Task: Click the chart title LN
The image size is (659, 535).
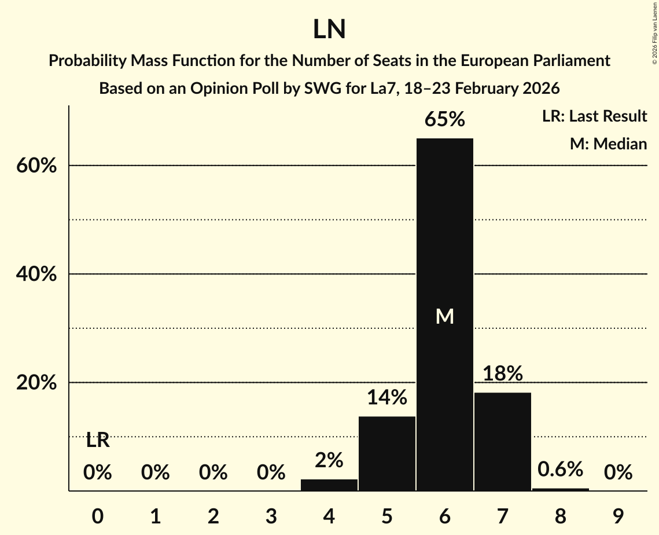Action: tap(329, 30)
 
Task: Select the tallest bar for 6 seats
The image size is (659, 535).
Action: tap(444, 261)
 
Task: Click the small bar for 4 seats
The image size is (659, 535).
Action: tap(329, 485)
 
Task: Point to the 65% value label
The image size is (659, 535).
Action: tap(444, 120)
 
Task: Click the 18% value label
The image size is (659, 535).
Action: tap(502, 373)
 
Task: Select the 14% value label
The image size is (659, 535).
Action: tap(387, 397)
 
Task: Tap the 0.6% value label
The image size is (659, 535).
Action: tap(560, 470)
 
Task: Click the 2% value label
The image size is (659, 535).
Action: tap(329, 460)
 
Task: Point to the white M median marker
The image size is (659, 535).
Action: tap(444, 316)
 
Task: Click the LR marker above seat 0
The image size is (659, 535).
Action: tap(98, 441)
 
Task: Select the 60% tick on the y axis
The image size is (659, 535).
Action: tap(36, 166)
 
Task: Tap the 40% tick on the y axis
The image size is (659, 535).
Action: tap(36, 274)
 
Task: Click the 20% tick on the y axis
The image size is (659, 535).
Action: tap(36, 383)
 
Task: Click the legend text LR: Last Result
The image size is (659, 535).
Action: tap(594, 116)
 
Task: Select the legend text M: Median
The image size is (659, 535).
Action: tap(608, 144)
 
